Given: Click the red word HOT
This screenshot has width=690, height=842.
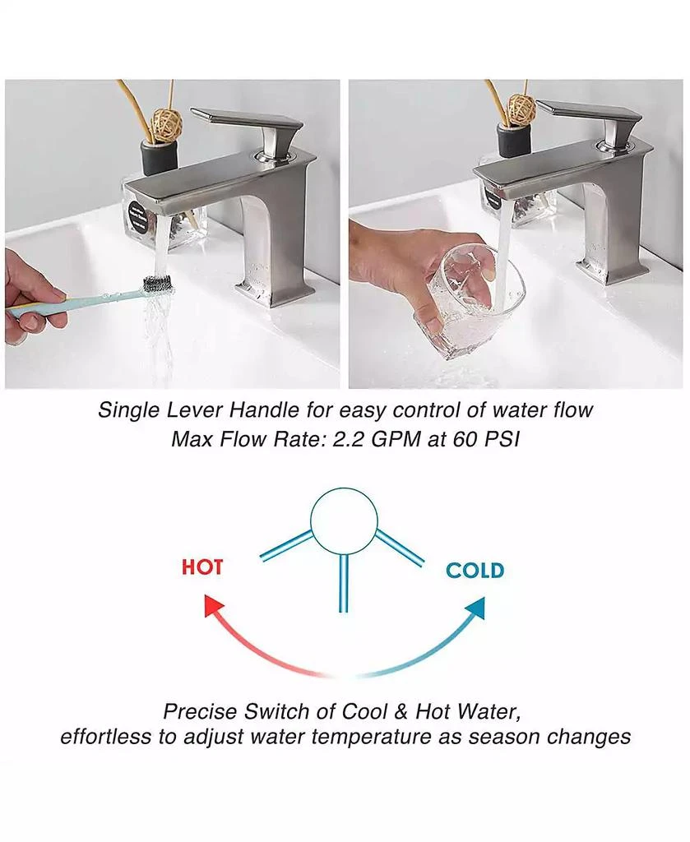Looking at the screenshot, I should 201,567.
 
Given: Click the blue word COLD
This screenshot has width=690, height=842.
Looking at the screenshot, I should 475,570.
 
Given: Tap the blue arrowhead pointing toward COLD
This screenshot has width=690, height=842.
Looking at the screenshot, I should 475,608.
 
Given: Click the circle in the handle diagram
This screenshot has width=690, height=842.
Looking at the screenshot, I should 344,521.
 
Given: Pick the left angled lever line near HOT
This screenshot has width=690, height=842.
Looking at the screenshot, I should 286,546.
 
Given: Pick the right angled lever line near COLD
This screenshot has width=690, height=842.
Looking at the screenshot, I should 400,548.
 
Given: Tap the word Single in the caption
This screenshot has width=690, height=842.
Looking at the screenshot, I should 127,409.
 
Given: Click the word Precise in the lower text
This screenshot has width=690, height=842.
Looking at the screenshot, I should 198,710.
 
